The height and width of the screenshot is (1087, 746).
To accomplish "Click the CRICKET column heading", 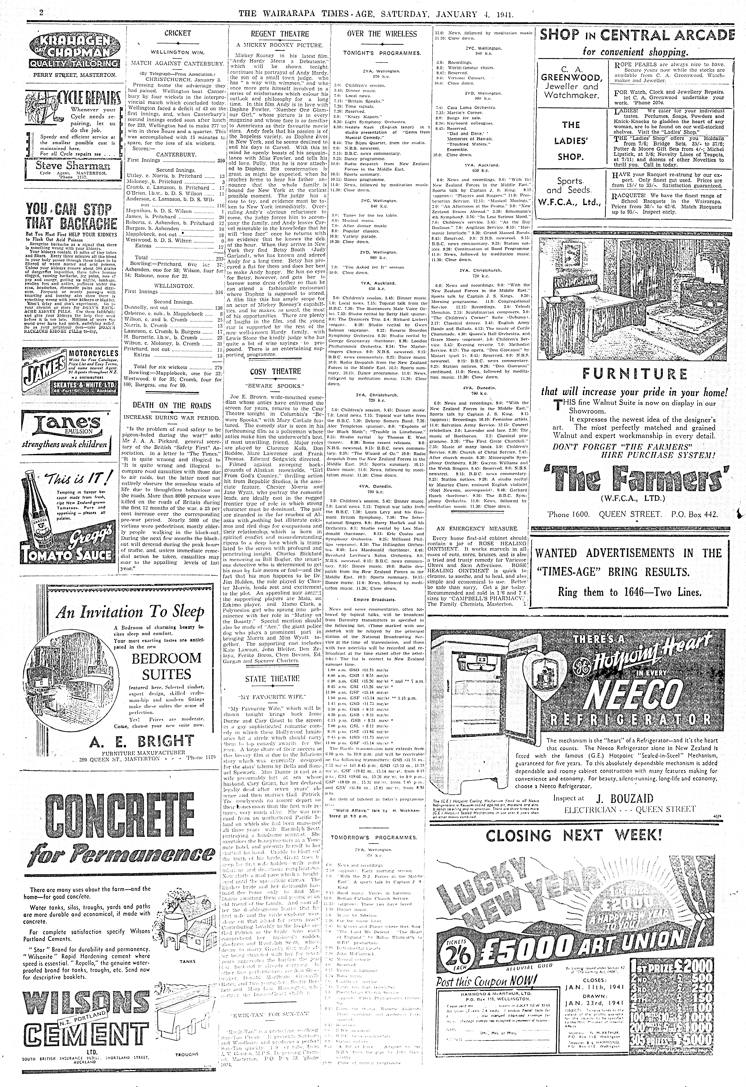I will [x=178, y=33].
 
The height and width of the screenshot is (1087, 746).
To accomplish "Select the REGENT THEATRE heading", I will [x=280, y=34].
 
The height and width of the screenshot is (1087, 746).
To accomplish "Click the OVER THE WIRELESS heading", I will [x=382, y=34].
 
